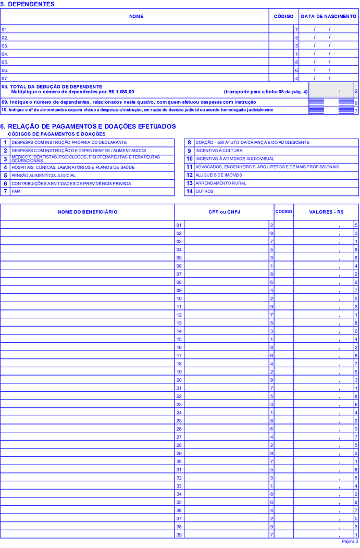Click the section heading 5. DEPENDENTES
pos(28,4)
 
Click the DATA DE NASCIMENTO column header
pos(329,17)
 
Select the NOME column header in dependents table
pos(136,17)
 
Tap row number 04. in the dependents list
pos(5,54)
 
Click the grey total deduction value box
pos(331,91)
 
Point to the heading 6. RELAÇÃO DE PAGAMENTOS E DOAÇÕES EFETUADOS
pos(88,127)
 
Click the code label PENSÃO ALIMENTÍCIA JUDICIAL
pos(44,176)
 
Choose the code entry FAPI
pos(17,192)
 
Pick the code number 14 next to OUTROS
pos(190,192)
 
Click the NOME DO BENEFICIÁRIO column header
pos(88,212)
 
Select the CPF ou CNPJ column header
pos(224,212)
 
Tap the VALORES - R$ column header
pos(326,212)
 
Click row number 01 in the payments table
pos(179,225)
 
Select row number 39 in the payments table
pos(179,534)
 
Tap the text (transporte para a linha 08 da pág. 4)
pos(266,92)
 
